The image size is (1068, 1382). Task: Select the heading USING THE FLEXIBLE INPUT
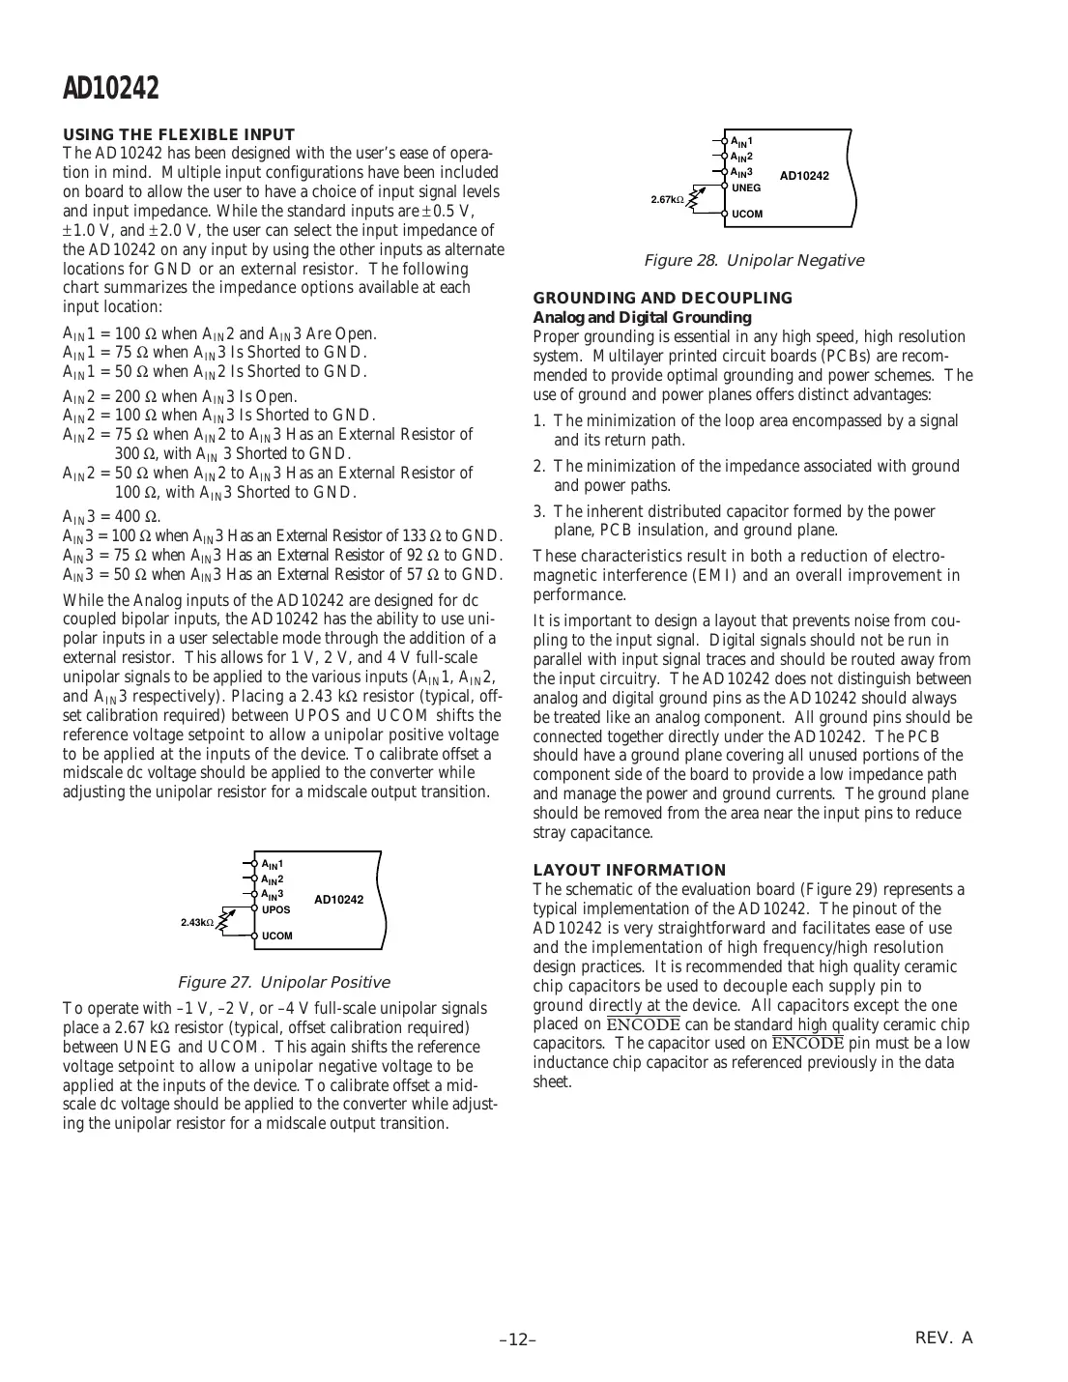[179, 134]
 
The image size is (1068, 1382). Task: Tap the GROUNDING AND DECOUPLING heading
[662, 299]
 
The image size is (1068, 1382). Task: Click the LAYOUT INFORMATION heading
[629, 870]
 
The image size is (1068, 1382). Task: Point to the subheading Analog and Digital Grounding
[642, 317]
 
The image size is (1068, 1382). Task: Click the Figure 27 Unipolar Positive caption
[283, 982]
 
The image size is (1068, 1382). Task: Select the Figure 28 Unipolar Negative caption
[753, 260]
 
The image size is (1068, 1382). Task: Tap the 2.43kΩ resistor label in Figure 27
[197, 923]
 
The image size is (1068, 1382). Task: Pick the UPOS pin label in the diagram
[275, 909]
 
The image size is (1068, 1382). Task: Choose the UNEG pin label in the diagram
[746, 187]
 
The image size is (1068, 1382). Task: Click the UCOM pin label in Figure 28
[746, 214]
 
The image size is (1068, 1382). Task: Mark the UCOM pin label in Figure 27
[276, 936]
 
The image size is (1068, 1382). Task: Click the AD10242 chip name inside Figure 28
[804, 176]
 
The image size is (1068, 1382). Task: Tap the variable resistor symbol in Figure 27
[225, 921]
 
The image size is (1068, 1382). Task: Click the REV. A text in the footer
[943, 1338]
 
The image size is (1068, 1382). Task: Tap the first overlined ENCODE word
[643, 1024]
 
